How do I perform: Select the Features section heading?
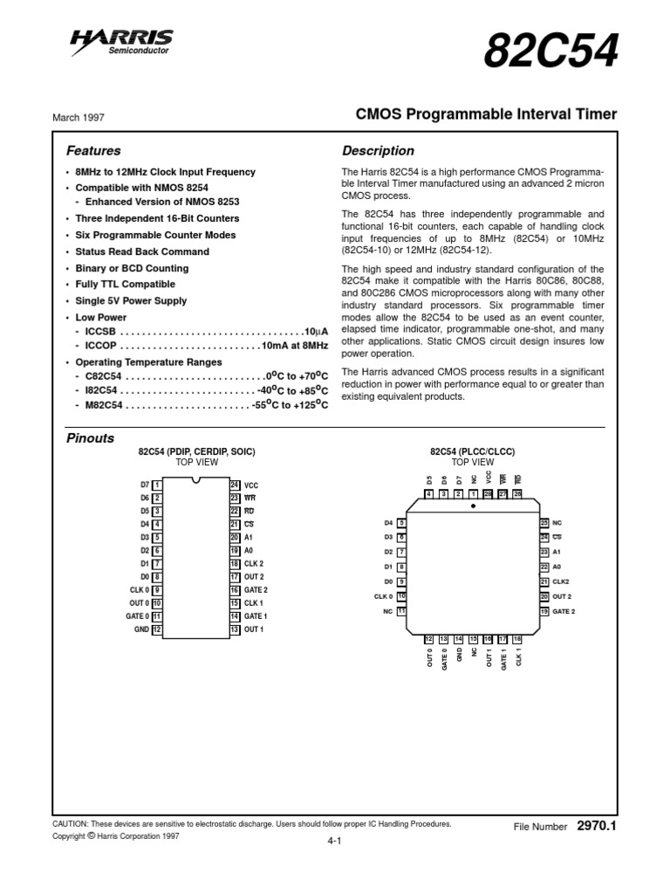(93, 151)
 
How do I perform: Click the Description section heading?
(378, 151)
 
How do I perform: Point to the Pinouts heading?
(91, 437)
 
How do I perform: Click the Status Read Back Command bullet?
(142, 251)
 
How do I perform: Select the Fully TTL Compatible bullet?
(125, 285)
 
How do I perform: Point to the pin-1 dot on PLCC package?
(474, 505)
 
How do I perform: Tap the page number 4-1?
(333, 841)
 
